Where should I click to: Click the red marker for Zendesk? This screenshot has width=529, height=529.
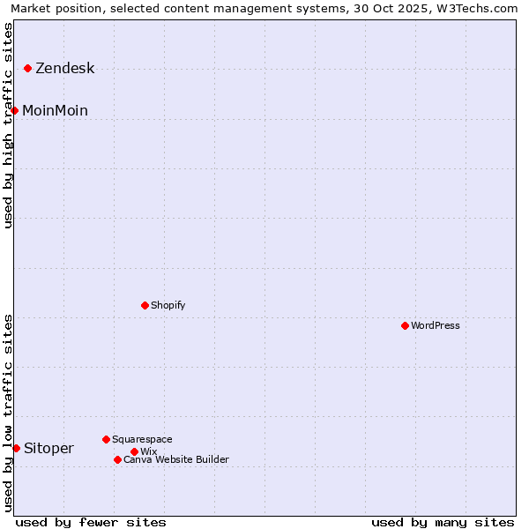pos(27,68)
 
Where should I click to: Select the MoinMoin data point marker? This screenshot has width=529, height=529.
pos(14,110)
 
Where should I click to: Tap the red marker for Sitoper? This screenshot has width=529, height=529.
pos(16,448)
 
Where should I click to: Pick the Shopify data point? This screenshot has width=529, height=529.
pos(145,305)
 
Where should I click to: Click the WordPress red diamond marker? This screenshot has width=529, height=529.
pos(405,325)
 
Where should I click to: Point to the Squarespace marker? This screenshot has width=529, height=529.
pos(106,439)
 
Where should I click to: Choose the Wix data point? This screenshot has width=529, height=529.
pos(134,451)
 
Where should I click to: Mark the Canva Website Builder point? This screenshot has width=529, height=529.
pos(117,459)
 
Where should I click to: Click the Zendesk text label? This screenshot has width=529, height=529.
pos(64,69)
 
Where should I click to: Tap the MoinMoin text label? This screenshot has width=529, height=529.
pos(55,110)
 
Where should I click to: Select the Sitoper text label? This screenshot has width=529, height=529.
pos(48,449)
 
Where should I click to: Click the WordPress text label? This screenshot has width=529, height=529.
pos(436,325)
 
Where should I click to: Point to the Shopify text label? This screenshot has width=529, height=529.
pos(168,305)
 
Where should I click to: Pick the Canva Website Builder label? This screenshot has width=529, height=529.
pos(176,459)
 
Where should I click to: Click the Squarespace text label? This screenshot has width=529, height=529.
pos(142,439)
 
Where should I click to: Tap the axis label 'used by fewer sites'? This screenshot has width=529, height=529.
pos(91,522)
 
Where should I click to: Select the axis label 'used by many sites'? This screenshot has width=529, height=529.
pos(443,522)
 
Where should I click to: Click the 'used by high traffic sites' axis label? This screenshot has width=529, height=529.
pos(9,125)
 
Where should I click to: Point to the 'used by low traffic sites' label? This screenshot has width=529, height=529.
pos(9,413)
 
